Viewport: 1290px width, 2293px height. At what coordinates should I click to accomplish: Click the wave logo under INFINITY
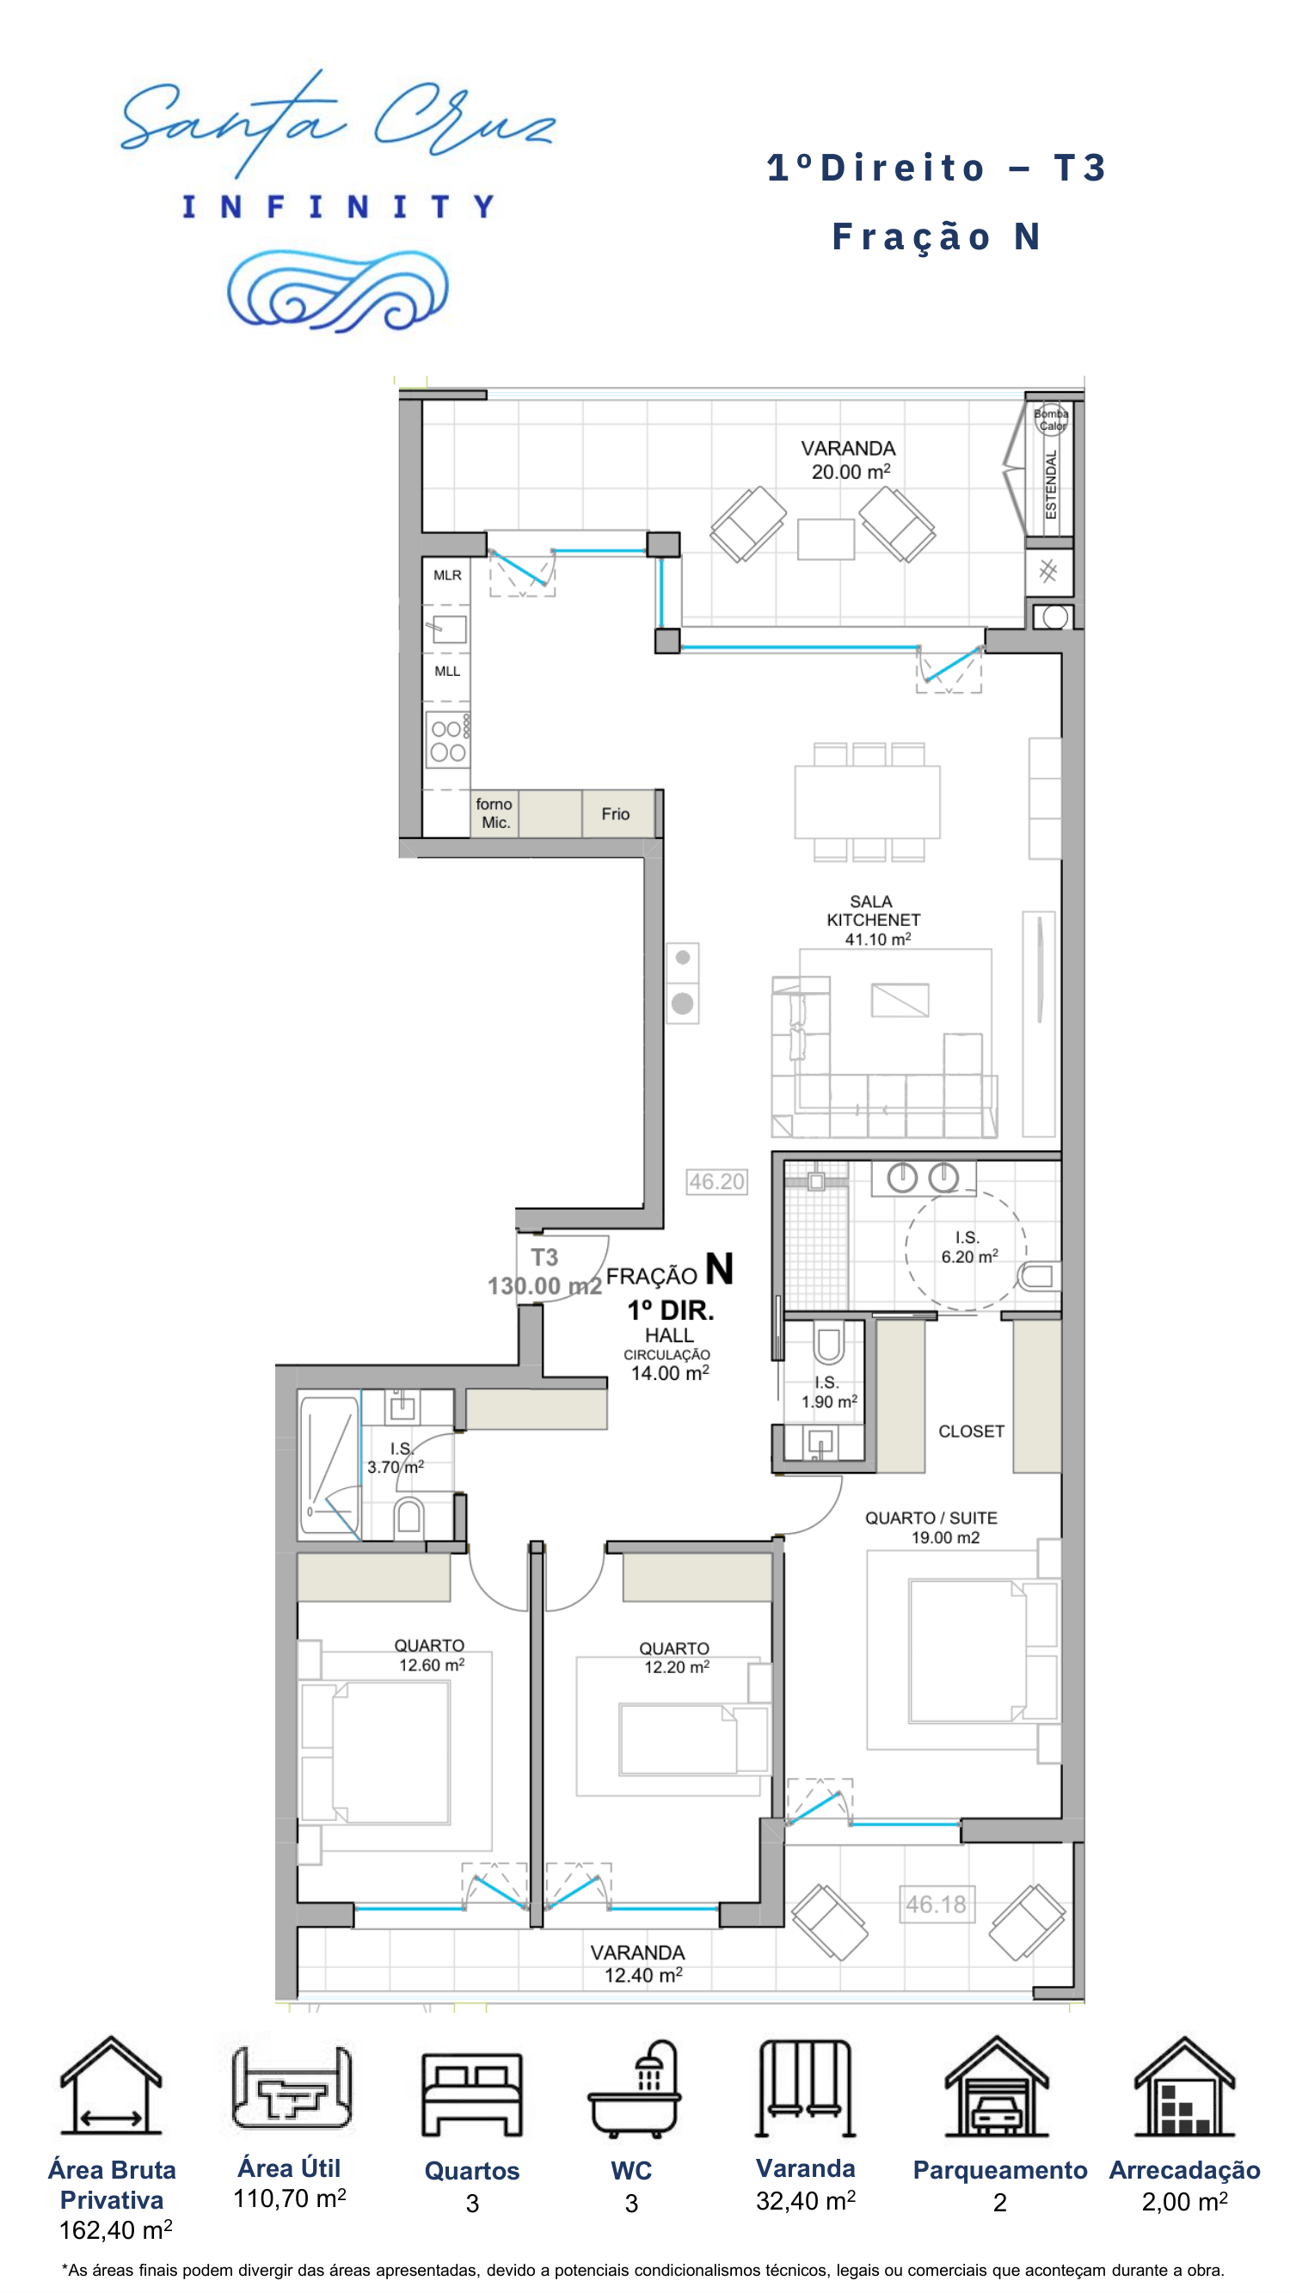[x=337, y=291]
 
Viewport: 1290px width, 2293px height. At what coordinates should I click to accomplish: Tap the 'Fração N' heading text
[x=937, y=236]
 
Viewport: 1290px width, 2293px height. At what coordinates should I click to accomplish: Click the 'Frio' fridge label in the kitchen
[x=615, y=813]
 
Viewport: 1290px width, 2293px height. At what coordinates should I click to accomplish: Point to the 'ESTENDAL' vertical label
[x=1051, y=484]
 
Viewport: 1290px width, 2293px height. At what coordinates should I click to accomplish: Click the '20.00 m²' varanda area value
[x=851, y=472]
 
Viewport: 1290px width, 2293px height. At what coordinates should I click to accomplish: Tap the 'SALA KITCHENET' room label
[x=872, y=910]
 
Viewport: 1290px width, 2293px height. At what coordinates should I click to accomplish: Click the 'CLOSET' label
[x=971, y=1432]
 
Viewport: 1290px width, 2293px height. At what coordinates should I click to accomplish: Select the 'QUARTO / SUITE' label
[x=931, y=1517]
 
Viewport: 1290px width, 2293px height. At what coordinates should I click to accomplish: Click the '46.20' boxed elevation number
[x=716, y=1181]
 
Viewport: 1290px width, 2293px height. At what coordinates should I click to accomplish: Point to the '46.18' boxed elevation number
[x=936, y=1904]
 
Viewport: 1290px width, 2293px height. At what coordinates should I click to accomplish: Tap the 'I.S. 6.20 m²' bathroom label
[x=969, y=1247]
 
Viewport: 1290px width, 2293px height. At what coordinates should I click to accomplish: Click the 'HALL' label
[x=669, y=1335]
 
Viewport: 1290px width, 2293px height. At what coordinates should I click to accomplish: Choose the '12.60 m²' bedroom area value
[x=432, y=1665]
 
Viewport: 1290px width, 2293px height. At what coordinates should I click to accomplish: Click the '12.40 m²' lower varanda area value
[x=643, y=1975]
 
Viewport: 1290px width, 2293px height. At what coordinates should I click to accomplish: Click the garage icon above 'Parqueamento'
[x=996, y=2087]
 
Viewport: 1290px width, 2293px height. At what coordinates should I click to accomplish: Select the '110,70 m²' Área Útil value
[x=289, y=2198]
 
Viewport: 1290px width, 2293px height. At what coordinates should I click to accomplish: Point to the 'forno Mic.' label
[x=494, y=813]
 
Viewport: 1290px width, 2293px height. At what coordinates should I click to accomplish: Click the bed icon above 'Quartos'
[x=472, y=2094]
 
